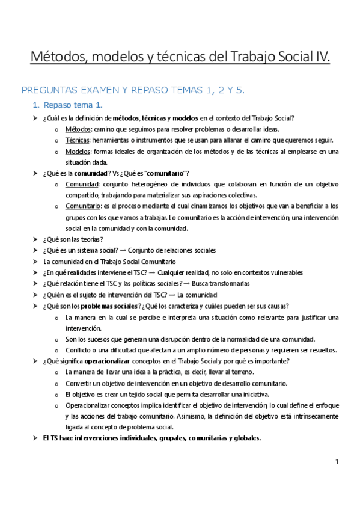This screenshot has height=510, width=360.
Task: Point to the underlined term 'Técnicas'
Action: (78, 140)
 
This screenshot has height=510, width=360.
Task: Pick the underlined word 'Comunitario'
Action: (82, 206)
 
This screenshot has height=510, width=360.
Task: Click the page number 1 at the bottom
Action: (338, 462)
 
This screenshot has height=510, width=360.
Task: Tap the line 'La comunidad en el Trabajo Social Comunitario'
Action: (109, 262)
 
